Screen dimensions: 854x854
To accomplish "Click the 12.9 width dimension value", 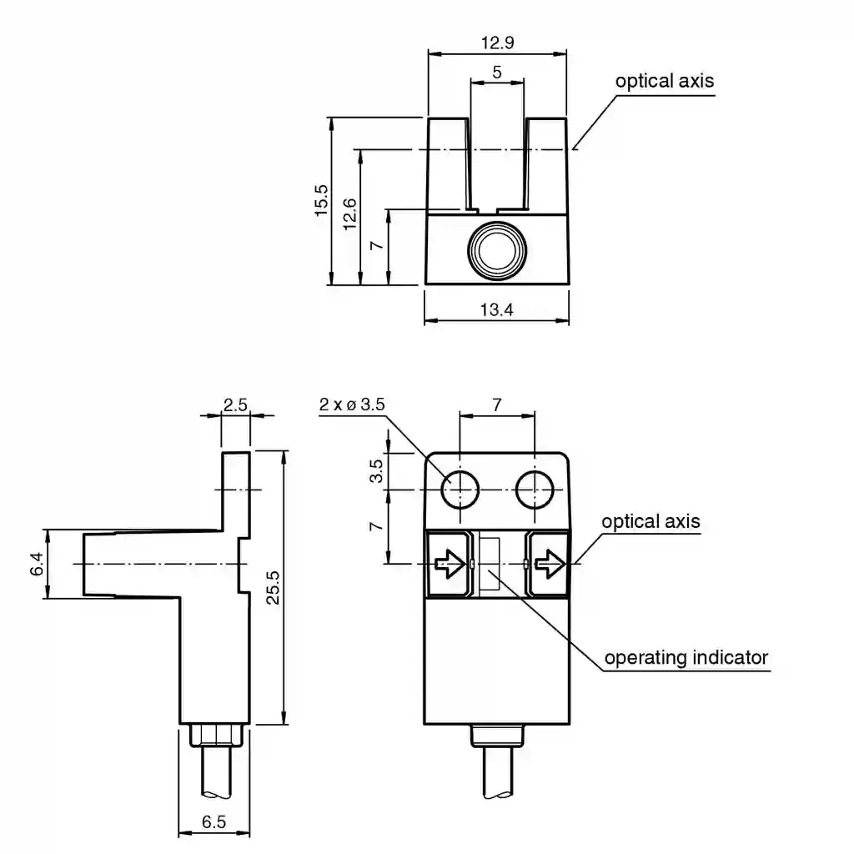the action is coord(497,43).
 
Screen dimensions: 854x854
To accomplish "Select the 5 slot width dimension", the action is coord(497,72).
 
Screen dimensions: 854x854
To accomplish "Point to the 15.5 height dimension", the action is coord(321,200).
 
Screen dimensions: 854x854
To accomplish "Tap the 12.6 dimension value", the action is coord(349,214).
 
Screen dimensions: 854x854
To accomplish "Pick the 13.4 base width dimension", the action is coord(497,309).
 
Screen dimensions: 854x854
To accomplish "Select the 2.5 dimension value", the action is coord(235,404).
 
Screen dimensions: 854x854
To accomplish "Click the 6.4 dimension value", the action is coord(37,564).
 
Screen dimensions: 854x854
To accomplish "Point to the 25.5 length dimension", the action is coord(273,588).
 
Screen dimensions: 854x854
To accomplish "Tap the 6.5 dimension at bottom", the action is coord(213,821).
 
